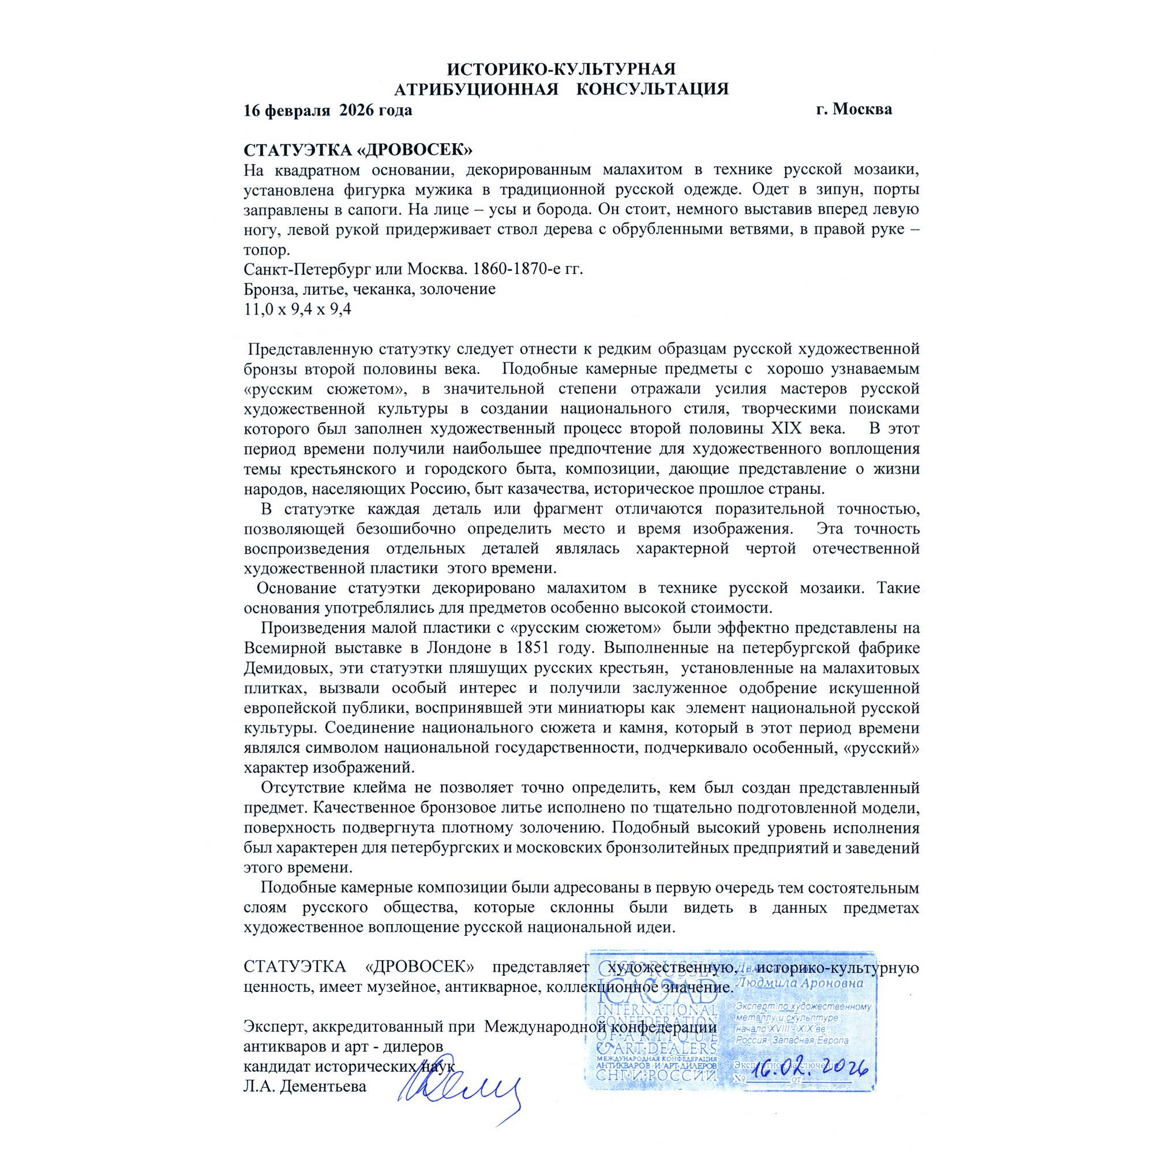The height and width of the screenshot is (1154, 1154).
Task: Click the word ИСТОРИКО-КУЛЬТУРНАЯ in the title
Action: [561, 69]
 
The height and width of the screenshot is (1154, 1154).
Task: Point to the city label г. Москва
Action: [853, 109]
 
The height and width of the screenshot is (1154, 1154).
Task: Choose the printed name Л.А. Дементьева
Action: [305, 1086]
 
